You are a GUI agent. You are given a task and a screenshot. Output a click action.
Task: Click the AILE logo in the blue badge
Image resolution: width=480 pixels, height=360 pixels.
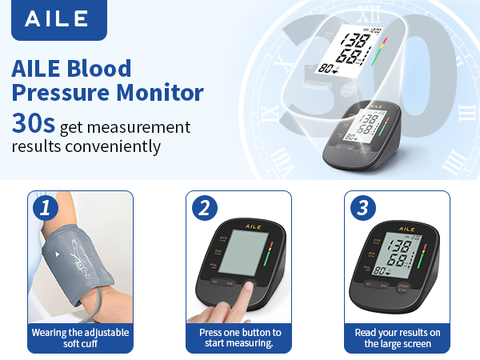pyautogui.click(x=58, y=20)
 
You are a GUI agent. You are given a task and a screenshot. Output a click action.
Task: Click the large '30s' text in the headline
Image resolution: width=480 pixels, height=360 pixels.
pyautogui.click(x=33, y=124)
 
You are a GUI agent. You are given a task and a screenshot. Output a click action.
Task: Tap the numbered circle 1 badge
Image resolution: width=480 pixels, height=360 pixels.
pyautogui.click(x=46, y=210)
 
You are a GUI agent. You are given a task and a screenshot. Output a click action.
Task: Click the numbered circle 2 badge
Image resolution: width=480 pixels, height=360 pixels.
pyautogui.click(x=204, y=210)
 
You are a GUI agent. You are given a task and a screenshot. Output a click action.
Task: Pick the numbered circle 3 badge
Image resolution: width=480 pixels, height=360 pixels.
pyautogui.click(x=362, y=210)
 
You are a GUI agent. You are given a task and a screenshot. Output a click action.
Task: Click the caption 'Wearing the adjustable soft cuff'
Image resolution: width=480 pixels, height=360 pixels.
pyautogui.click(x=80, y=338)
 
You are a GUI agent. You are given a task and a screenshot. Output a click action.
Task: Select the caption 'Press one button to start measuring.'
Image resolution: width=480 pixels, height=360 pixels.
pyautogui.click(x=239, y=338)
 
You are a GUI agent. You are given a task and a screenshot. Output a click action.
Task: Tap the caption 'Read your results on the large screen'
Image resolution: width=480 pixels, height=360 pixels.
pyautogui.click(x=398, y=338)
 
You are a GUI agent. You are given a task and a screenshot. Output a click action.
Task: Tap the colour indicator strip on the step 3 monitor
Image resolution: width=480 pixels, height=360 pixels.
pyautogui.click(x=422, y=254)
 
